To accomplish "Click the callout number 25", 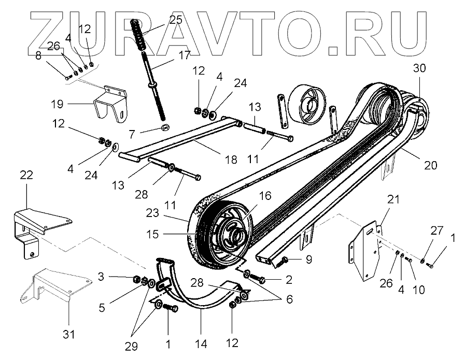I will click(x=176, y=20).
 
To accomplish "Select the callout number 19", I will click(x=57, y=104).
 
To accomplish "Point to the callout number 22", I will click(x=26, y=176).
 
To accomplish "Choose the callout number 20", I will click(x=431, y=165).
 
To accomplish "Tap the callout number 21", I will click(x=394, y=199).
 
